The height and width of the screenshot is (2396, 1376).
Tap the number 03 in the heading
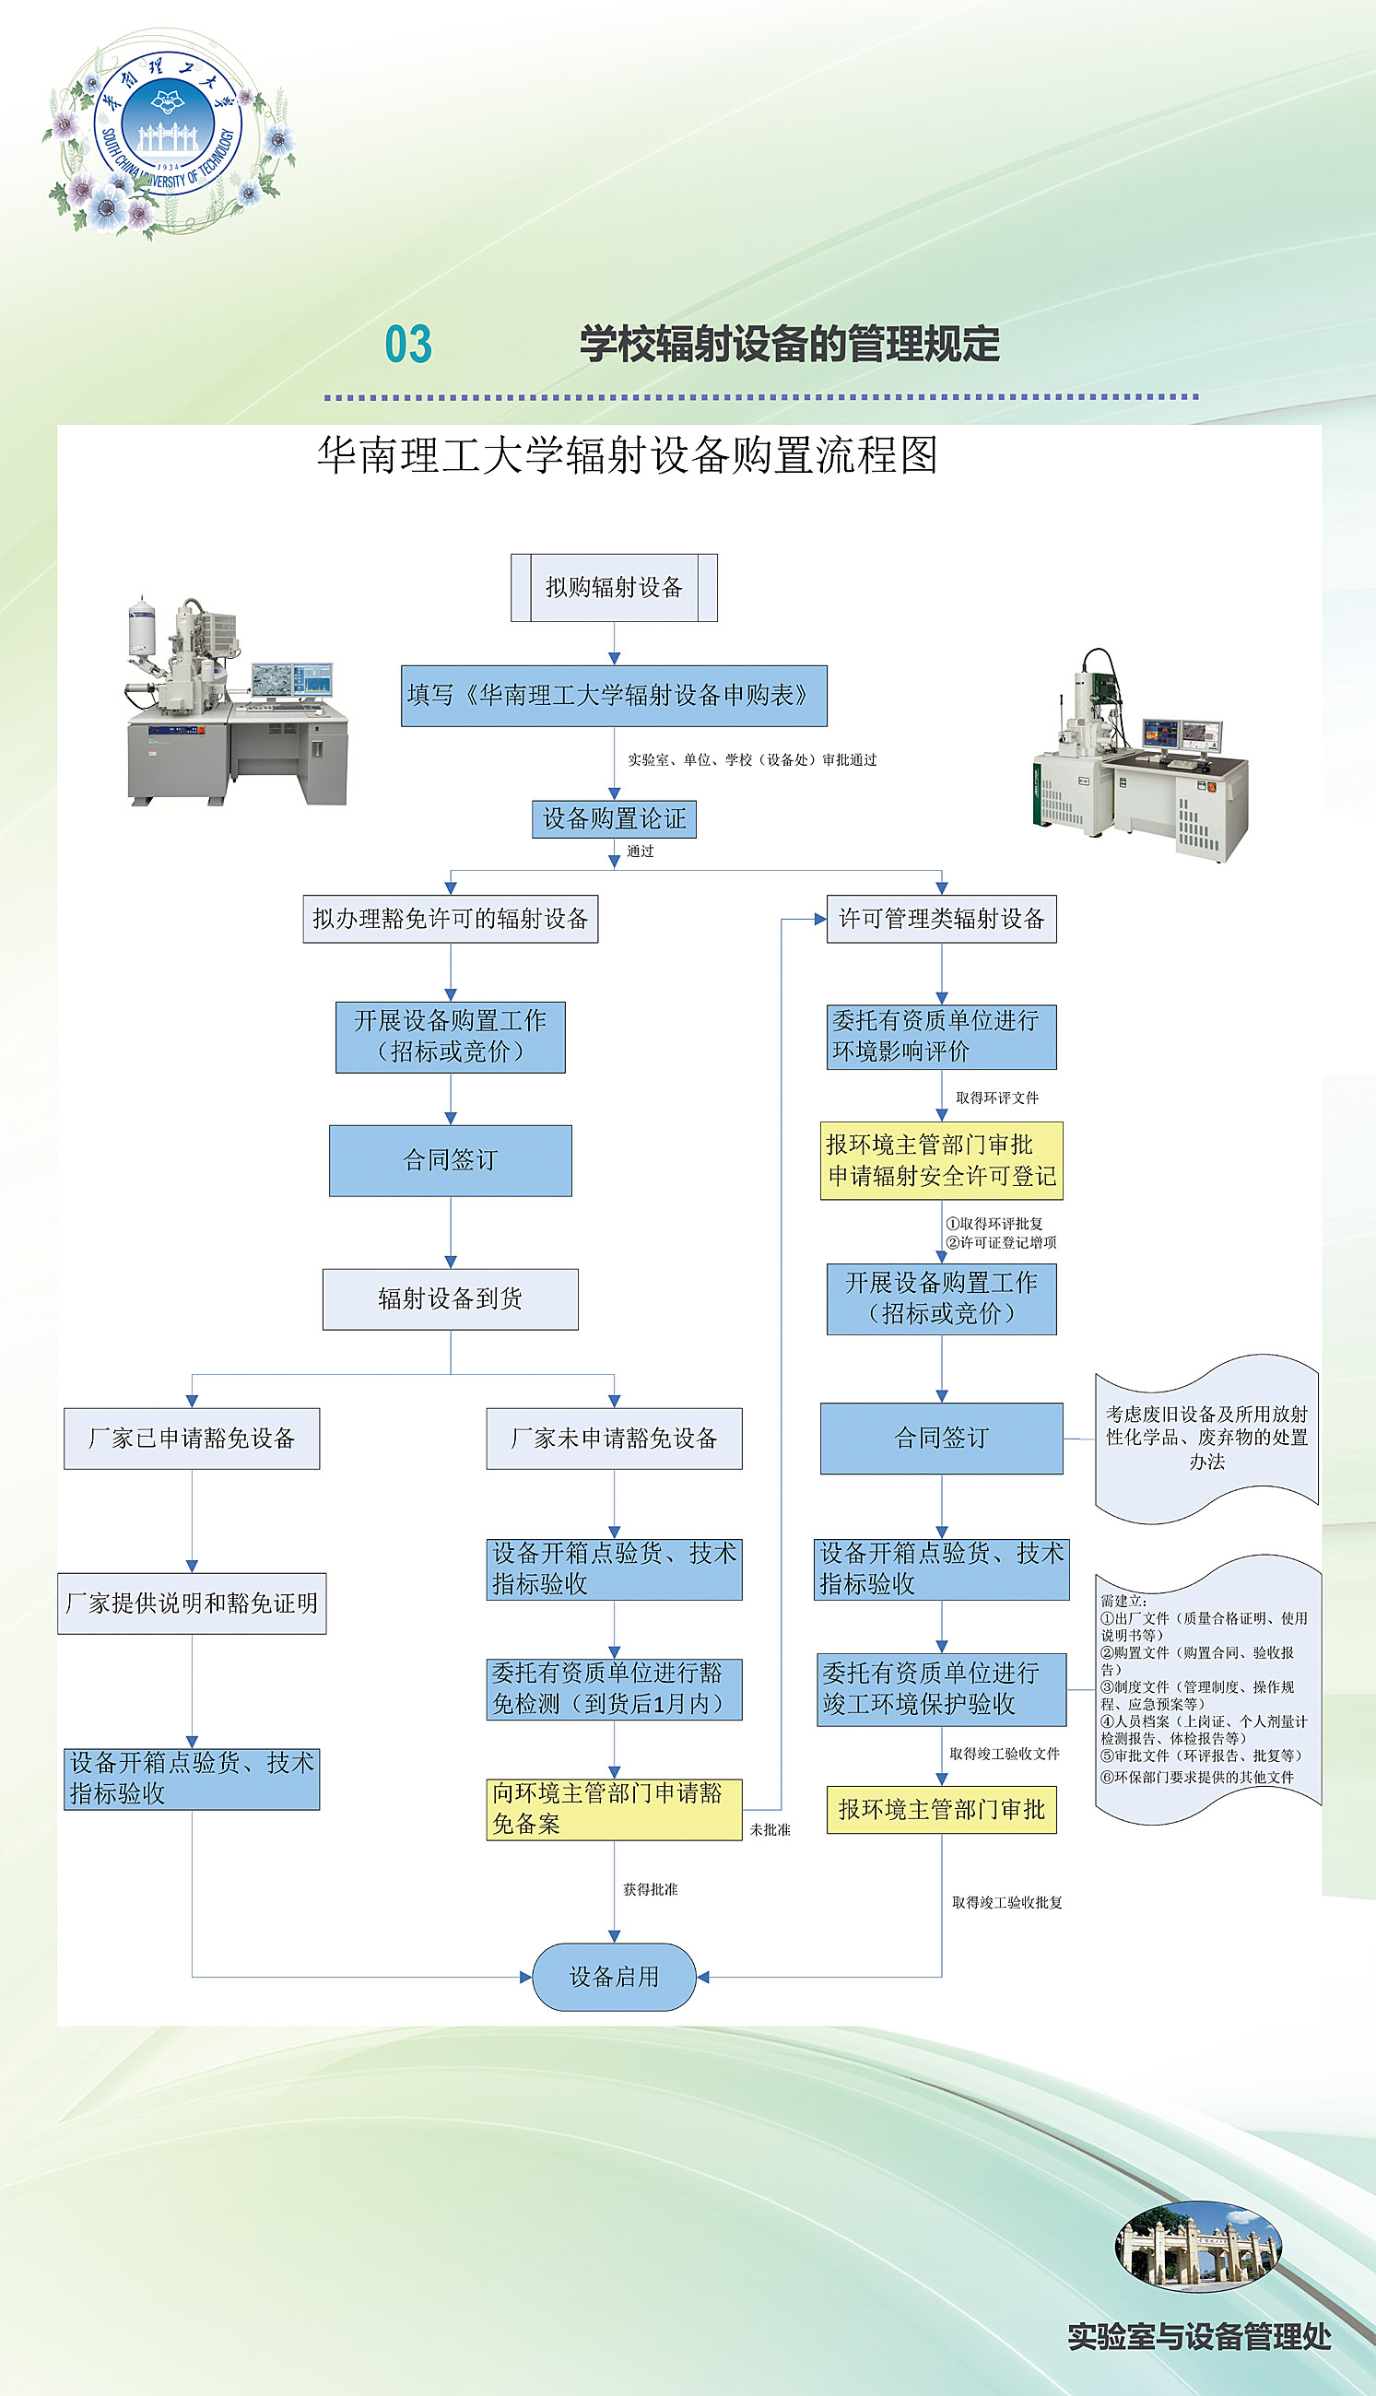click(x=408, y=344)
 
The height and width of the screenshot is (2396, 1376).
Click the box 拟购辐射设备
click(x=615, y=588)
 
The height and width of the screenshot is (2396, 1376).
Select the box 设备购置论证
click(x=615, y=818)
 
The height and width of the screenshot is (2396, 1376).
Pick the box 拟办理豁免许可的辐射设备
click(x=450, y=919)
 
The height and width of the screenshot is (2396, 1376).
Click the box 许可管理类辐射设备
click(x=941, y=919)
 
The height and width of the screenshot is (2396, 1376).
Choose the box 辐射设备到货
click(x=450, y=1299)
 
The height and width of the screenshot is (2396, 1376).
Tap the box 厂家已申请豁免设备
click(x=192, y=1438)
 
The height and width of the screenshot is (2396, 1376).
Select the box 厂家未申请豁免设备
click(x=615, y=1438)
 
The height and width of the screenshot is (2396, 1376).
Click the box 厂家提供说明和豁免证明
click(x=192, y=1603)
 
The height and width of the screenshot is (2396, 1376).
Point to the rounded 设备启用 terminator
click(x=615, y=1977)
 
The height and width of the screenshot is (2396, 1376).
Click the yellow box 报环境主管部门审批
click(x=941, y=1809)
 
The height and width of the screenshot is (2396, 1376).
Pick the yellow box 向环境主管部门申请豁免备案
click(x=615, y=1809)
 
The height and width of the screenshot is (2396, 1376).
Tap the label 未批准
click(x=770, y=1830)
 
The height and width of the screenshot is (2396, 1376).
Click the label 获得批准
click(x=650, y=1889)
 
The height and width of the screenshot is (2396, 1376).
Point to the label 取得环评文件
click(x=997, y=1098)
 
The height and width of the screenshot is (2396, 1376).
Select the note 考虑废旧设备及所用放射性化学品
click(x=1206, y=1438)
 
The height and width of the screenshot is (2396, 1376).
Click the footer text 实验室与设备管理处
click(x=1199, y=2335)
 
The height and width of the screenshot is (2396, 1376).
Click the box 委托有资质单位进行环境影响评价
click(x=941, y=1037)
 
